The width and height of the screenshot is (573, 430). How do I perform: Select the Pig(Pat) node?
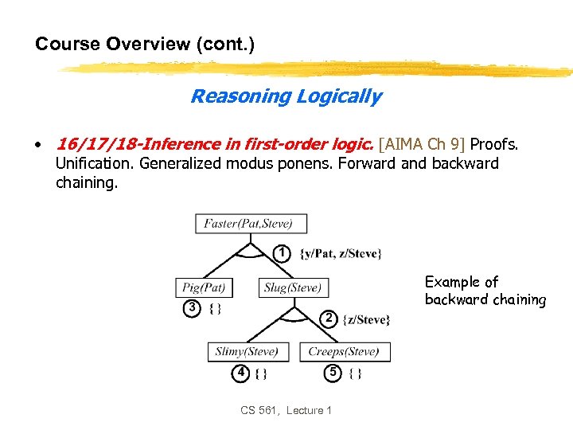[x=204, y=287]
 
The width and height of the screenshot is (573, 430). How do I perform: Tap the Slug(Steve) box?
[x=293, y=287]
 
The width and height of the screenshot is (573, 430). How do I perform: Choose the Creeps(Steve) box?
[x=345, y=351]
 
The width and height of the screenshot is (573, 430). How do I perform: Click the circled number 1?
[x=281, y=253]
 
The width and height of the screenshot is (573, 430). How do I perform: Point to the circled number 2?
[x=328, y=319]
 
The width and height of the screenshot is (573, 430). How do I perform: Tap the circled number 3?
[x=191, y=308]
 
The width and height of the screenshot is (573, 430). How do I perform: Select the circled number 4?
[x=239, y=372]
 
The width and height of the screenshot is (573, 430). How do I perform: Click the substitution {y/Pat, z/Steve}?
[x=341, y=254]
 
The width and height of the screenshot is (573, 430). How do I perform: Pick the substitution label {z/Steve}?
[x=366, y=319]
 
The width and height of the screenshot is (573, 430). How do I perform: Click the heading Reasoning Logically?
[x=286, y=96]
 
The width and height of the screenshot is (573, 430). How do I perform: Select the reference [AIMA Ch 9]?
[x=423, y=144]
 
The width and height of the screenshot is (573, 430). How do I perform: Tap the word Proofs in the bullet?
[x=494, y=144]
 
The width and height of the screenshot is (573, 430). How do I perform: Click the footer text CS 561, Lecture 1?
[x=286, y=410]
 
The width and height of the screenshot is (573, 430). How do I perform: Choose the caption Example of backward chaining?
[x=485, y=291]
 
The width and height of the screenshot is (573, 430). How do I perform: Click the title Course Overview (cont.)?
[x=145, y=44]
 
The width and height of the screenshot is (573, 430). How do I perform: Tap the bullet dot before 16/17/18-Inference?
[x=37, y=145]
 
